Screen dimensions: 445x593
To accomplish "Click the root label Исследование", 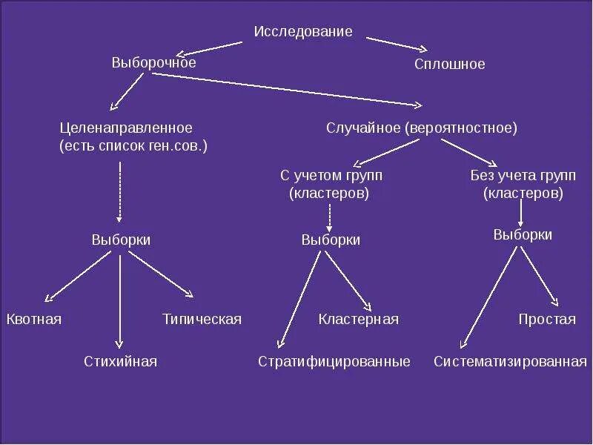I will tap(303, 32).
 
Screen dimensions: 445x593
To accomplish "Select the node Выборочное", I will tap(153, 62).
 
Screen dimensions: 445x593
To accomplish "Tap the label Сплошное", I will tap(449, 65).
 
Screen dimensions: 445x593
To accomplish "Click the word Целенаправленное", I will tap(126, 128).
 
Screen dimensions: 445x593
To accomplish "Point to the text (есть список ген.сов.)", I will tap(133, 146).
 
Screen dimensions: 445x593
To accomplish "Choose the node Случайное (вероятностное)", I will tap(421, 128).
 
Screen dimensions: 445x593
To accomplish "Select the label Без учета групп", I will tap(522, 176).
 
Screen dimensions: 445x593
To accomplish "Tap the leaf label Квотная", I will tap(34, 320).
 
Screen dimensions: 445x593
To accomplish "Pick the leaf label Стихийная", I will tap(120, 362).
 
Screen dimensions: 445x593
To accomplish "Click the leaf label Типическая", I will tap(202, 320).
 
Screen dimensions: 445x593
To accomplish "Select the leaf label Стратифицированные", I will tap(334, 362).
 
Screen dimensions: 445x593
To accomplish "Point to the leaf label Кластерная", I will tap(358, 320).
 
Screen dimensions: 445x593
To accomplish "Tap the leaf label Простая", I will tap(546, 320).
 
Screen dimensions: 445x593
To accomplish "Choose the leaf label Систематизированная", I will tap(510, 362).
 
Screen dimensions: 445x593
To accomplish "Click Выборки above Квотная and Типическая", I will tap(121, 240).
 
